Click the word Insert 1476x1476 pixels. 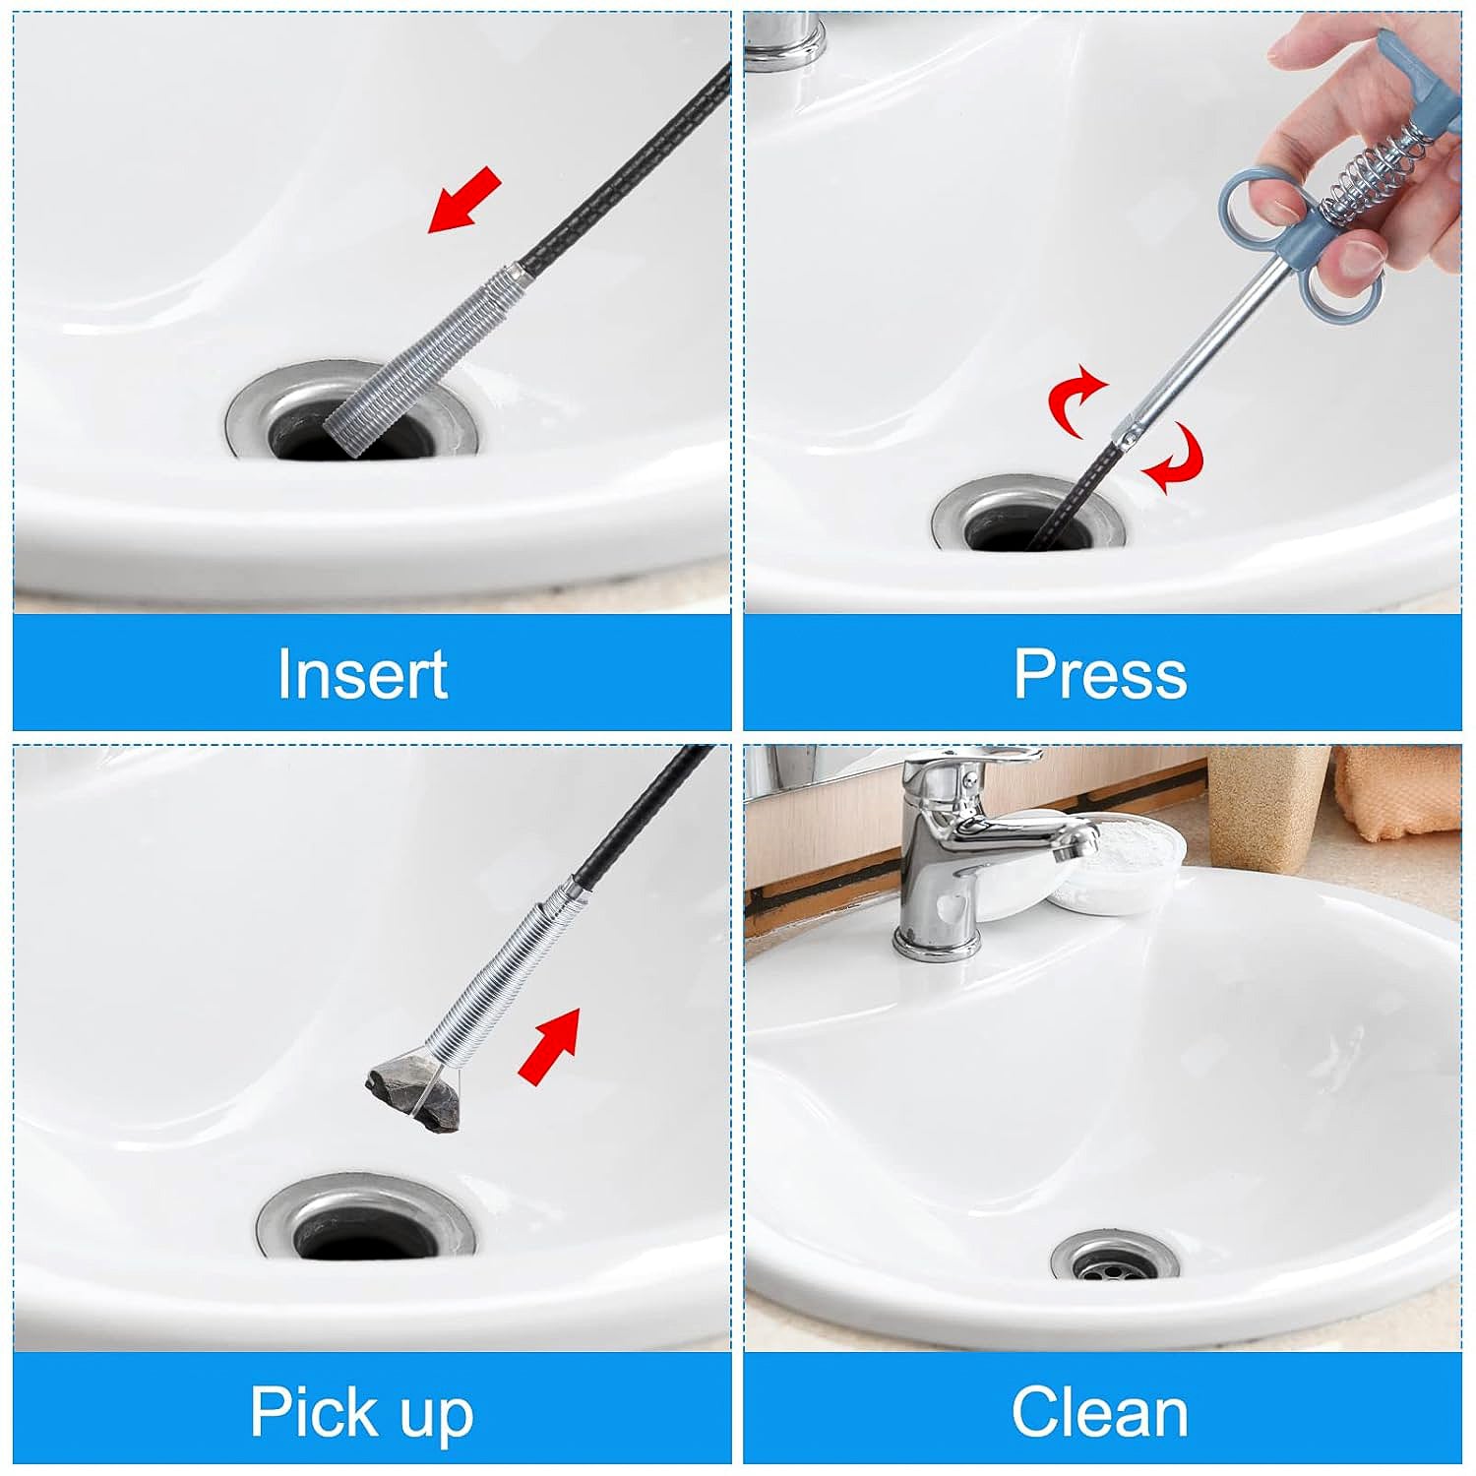pyautogui.click(x=362, y=674)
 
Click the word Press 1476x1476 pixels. pyautogui.click(x=1100, y=674)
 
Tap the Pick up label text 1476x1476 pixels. pyautogui.click(x=362, y=1412)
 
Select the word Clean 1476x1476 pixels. pyautogui.click(x=1100, y=1412)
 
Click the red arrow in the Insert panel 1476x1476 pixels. pyautogui.click(x=464, y=201)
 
